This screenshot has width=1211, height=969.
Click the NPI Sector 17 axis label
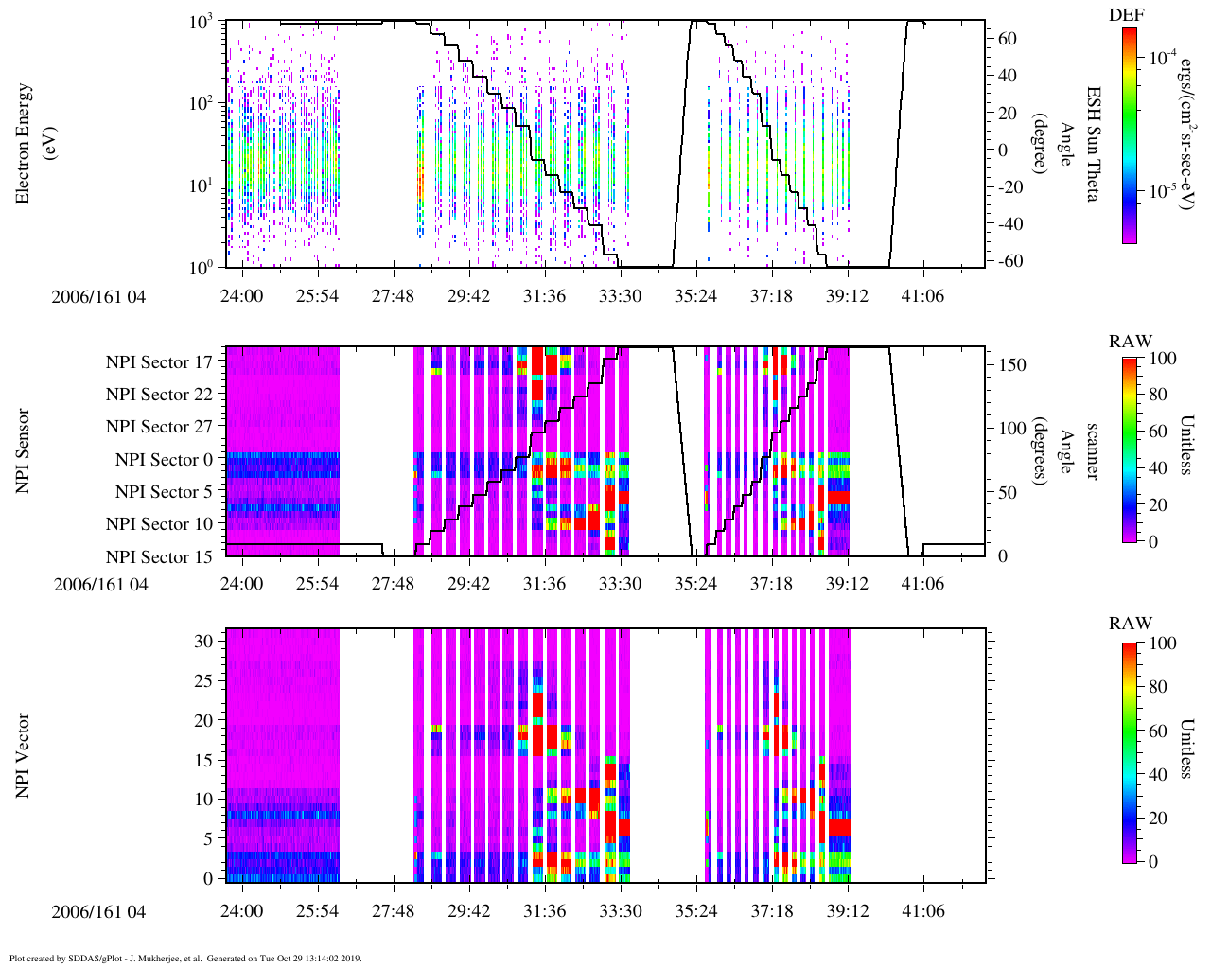tap(159, 362)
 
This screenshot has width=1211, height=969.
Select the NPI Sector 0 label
tap(164, 460)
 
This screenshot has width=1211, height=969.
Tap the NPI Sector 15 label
tap(159, 556)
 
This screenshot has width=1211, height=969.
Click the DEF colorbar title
tap(1126, 15)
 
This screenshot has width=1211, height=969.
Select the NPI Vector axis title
tap(23, 755)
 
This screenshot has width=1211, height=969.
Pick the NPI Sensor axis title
tap(23, 450)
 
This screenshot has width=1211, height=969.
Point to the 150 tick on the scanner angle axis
tap(1012, 365)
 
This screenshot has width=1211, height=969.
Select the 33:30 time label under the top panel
tap(620, 296)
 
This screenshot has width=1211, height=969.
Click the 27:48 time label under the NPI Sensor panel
tap(393, 584)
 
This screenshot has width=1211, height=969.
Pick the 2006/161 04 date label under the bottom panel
tap(100, 911)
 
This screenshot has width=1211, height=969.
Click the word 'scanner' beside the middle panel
tap(1092, 450)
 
